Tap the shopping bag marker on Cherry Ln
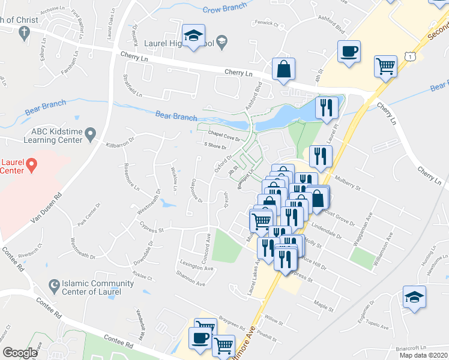click(283, 69)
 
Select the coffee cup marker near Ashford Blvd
click(348, 52)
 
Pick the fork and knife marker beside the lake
click(326, 108)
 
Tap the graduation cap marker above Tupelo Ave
click(414, 298)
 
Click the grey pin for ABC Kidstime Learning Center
click(91, 133)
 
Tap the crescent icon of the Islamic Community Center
click(55, 284)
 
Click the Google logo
click(20, 352)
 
